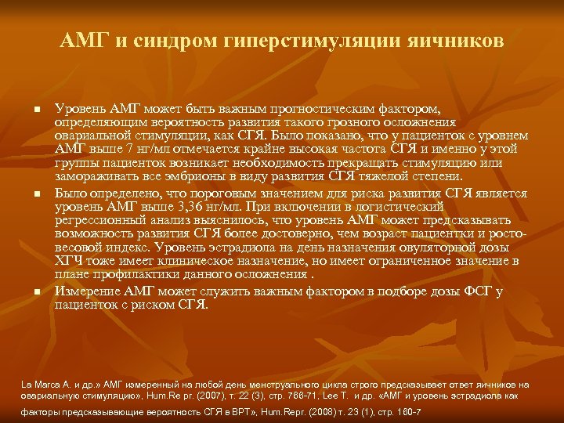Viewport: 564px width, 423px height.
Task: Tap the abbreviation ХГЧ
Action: [69, 261]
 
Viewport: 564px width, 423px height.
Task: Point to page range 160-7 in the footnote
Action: [407, 411]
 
